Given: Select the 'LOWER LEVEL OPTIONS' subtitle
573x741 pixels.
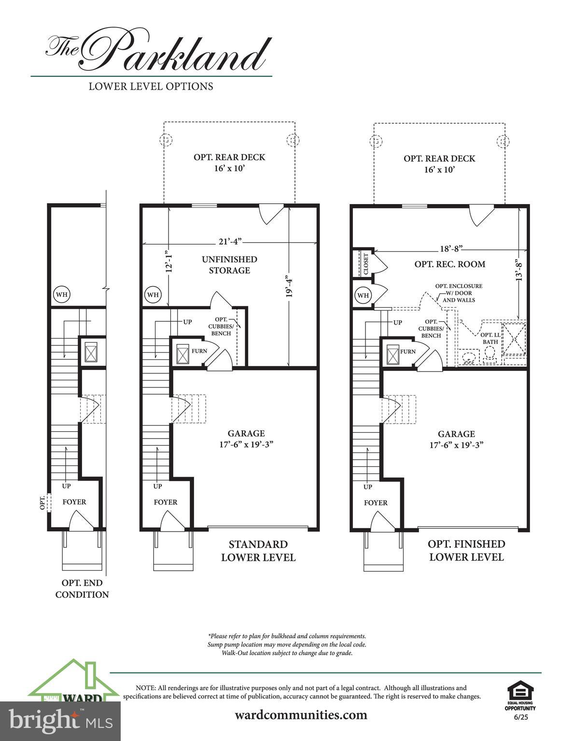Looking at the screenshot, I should click(x=151, y=86).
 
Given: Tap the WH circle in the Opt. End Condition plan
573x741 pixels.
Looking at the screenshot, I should click(x=61, y=294).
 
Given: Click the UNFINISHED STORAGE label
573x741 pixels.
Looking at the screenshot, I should click(x=229, y=265).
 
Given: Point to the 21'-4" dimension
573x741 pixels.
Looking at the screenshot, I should click(x=229, y=241).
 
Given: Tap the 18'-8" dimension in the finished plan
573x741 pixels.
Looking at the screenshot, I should click(x=451, y=248).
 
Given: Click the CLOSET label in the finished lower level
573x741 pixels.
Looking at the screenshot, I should click(x=366, y=264).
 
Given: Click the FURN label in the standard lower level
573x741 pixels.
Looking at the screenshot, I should click(x=199, y=351).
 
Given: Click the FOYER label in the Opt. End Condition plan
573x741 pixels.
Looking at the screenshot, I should click(x=74, y=502).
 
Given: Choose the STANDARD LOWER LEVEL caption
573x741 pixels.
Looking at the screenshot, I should click(x=258, y=551).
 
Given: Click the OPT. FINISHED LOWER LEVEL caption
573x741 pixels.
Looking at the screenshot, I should click(x=466, y=550).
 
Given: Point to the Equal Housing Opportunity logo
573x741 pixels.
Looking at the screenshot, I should click(x=520, y=695).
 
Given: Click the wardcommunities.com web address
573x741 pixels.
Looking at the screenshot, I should click(x=301, y=714).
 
